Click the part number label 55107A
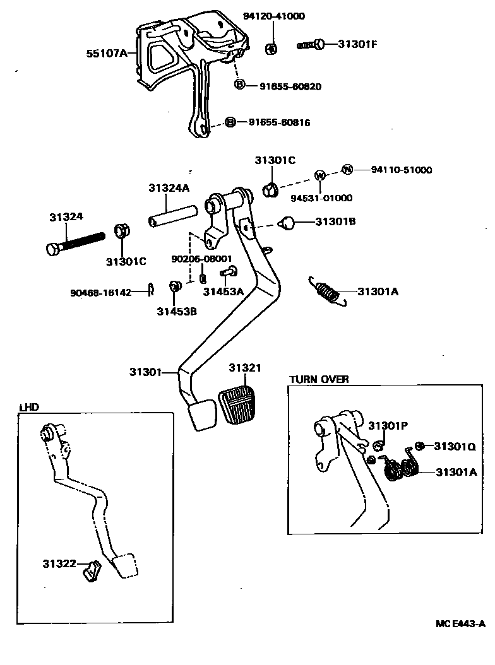[x=105, y=54]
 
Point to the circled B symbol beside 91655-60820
[x=240, y=85]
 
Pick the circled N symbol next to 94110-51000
[x=347, y=169]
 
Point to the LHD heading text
[x=29, y=407]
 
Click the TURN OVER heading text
[x=319, y=379]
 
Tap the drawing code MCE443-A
[x=460, y=624]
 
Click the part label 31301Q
[x=454, y=446]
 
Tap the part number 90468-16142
[x=100, y=292]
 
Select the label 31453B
[x=177, y=310]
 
